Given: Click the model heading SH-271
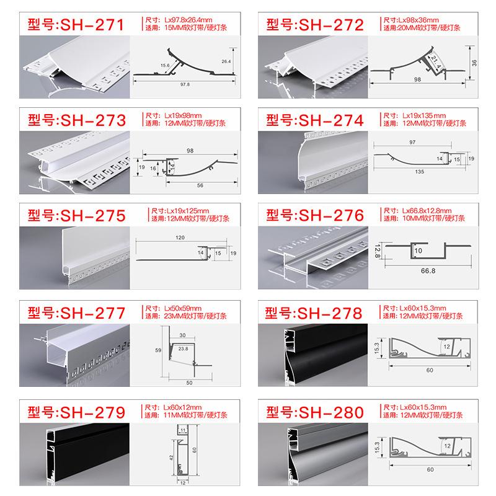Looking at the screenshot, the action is pyautogui.click(x=76, y=25).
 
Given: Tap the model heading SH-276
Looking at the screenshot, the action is pyautogui.click(x=315, y=215).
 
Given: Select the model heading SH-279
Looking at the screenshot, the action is pyautogui.click(x=76, y=412).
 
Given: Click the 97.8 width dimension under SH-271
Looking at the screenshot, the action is pyautogui.click(x=185, y=84).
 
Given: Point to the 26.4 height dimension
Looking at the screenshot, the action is pyautogui.click(x=226, y=61).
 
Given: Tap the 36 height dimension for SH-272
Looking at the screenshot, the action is pyautogui.click(x=474, y=63).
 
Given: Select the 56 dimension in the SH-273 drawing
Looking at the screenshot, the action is pyautogui.click(x=200, y=185).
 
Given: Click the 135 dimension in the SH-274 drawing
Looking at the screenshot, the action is pyautogui.click(x=420, y=172).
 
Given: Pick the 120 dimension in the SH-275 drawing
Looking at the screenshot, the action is pyautogui.click(x=180, y=237).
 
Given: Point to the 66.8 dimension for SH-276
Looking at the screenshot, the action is pyautogui.click(x=428, y=271).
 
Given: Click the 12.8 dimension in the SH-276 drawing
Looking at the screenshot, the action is pyautogui.click(x=377, y=250).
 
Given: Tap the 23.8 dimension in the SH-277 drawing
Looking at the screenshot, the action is pyautogui.click(x=183, y=348).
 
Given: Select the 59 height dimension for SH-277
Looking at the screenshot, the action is pyautogui.click(x=158, y=350).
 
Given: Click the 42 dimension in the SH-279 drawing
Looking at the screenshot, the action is pyautogui.click(x=171, y=458).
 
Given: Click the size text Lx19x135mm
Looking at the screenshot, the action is pyautogui.click(x=424, y=115).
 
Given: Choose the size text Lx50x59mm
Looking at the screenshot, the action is pyautogui.click(x=182, y=308).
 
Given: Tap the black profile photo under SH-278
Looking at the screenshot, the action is pyautogui.click(x=312, y=355).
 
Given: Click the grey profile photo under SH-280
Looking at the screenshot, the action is pyautogui.click(x=312, y=454).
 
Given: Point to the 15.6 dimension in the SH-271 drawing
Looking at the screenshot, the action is pyautogui.click(x=165, y=66).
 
